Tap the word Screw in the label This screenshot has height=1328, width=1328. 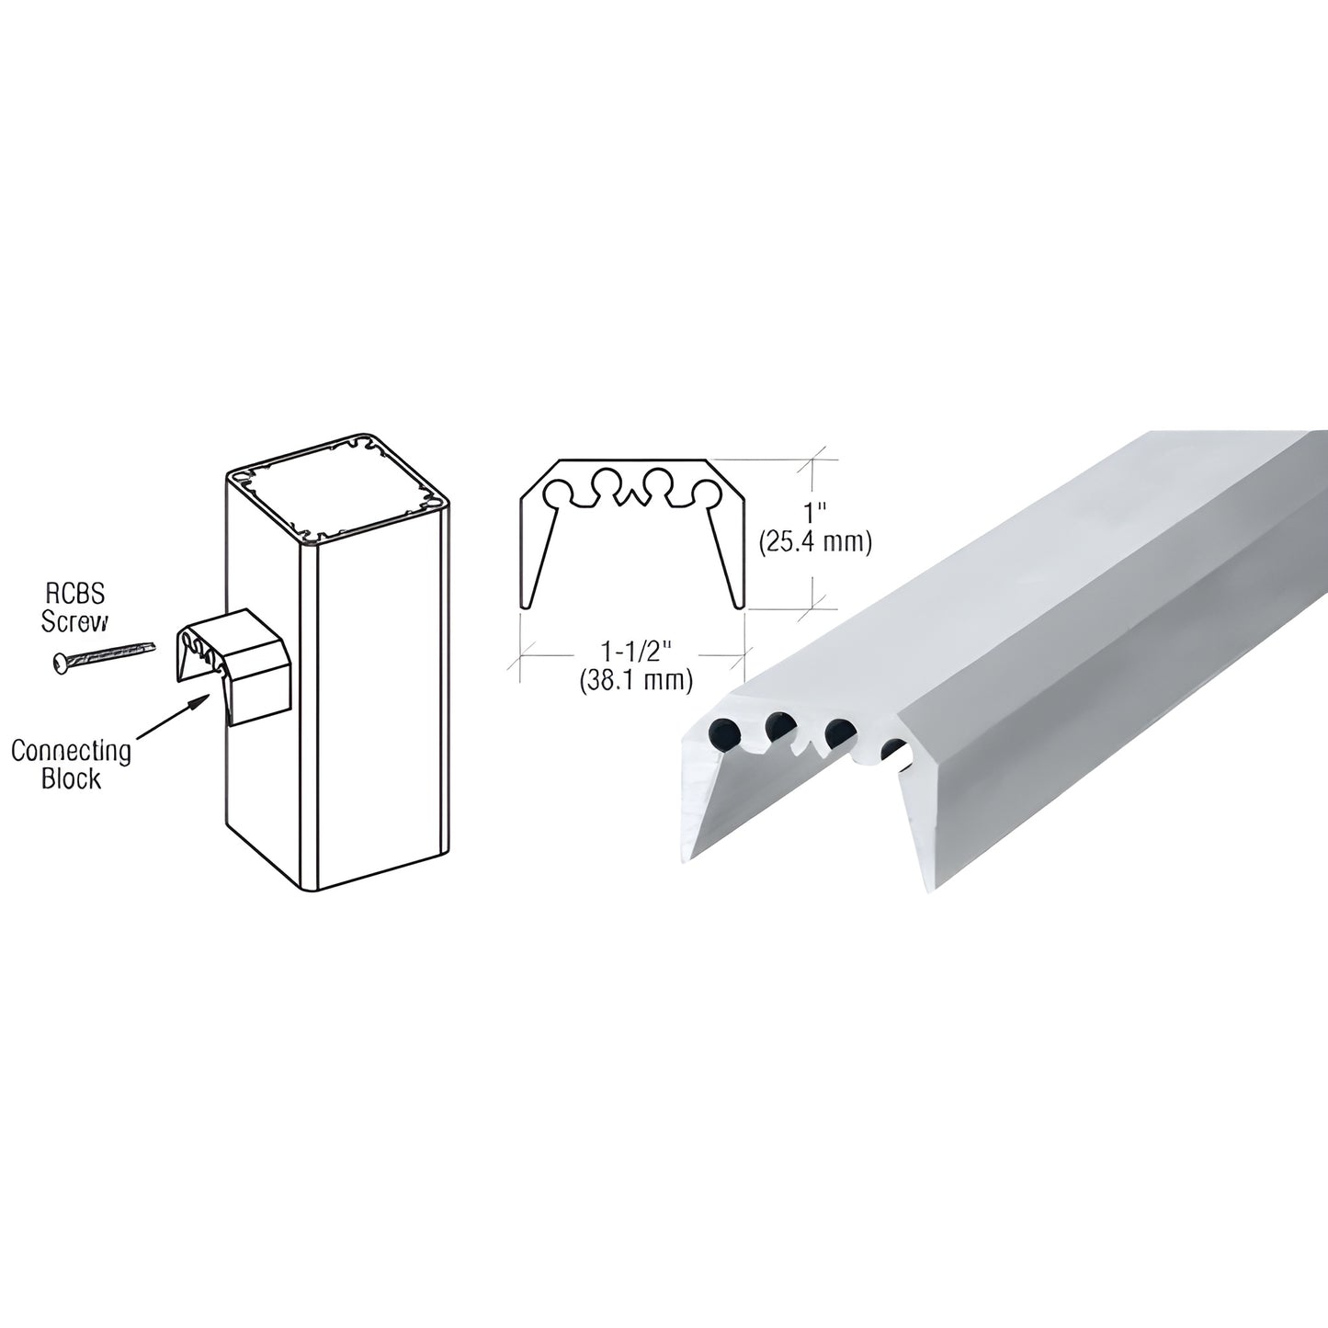[x=74, y=622]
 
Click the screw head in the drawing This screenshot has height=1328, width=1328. [x=60, y=662]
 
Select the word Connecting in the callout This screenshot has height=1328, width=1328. [x=71, y=752]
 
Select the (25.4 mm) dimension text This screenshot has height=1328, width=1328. [x=814, y=542]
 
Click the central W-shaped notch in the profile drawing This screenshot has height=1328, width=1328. [x=631, y=497]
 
